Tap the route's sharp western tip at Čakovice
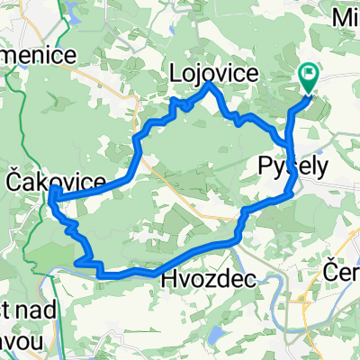[52, 193]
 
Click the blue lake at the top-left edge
[72, 8]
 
